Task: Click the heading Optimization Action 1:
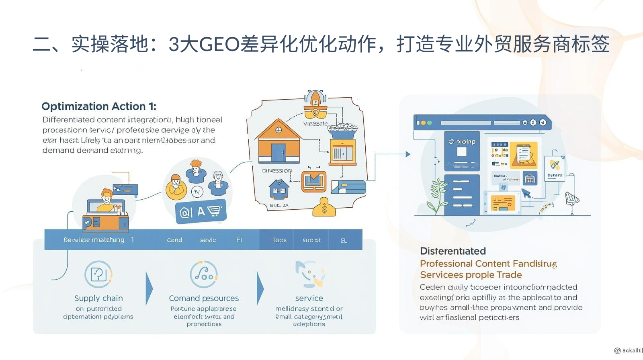point(98,106)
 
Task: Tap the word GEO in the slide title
point(219,44)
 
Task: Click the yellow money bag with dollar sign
point(324,207)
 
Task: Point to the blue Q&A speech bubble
point(201,211)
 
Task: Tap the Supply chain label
point(98,298)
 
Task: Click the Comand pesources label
point(204,298)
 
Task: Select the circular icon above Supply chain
point(98,274)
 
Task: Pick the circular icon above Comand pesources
point(204,274)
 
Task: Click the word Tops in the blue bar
point(279,240)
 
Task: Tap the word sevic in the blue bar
point(208,240)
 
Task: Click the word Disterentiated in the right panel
point(453,251)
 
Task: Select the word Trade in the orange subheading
point(509,275)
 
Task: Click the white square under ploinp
point(462,152)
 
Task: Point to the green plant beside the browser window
point(437,196)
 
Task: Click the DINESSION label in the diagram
point(277,171)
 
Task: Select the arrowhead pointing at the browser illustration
point(408,154)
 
